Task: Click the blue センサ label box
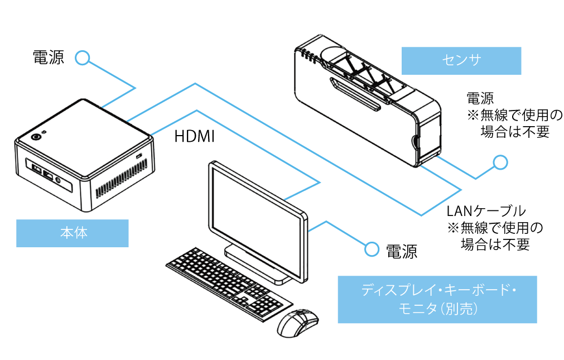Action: [x=461, y=61]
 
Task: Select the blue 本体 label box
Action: [x=73, y=233]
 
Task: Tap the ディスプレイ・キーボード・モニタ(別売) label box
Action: [x=437, y=299]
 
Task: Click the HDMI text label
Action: [x=195, y=136]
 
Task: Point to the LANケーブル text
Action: [x=486, y=211]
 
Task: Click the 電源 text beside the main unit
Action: [x=49, y=57]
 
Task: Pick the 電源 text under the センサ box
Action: [x=480, y=99]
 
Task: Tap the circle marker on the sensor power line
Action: [x=500, y=162]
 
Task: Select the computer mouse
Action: [x=297, y=322]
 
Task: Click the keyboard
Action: [x=229, y=282]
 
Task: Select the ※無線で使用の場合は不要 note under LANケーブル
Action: [x=494, y=236]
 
